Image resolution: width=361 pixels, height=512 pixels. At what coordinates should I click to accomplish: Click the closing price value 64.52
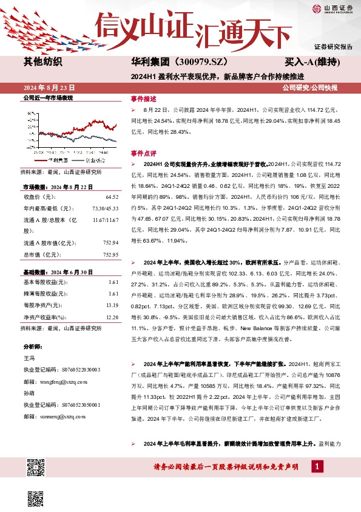112,197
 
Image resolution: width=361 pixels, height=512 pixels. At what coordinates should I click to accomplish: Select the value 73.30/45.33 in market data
105,209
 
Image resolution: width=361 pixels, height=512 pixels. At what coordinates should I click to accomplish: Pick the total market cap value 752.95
110,254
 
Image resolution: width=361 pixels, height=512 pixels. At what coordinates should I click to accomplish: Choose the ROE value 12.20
112,316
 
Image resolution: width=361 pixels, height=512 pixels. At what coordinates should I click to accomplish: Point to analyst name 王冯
29,358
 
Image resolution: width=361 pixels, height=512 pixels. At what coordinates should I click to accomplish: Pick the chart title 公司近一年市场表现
47,97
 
